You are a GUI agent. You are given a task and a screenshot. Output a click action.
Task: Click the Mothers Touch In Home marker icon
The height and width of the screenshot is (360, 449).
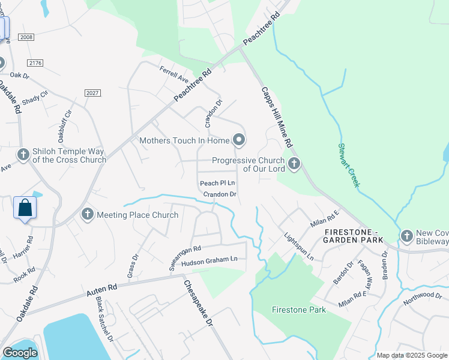(x=239, y=140)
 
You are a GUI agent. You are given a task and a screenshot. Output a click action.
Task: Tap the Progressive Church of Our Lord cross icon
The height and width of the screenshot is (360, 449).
(x=294, y=164)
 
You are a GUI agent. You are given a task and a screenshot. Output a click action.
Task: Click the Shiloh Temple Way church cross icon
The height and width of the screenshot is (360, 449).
(x=23, y=155)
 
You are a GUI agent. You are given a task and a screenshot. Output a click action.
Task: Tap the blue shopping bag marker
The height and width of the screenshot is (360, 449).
(x=25, y=208)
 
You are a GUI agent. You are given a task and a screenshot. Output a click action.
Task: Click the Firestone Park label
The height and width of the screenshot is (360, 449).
(x=299, y=310)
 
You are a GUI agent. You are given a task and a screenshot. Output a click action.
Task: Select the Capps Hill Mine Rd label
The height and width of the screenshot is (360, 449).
(x=276, y=118)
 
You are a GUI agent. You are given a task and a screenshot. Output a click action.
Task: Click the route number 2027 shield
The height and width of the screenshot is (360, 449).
(x=92, y=93)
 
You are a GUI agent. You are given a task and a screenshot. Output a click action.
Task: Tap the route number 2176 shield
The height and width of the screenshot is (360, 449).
(x=34, y=63)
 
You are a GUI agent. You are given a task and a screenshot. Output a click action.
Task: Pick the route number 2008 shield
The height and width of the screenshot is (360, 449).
(x=26, y=37)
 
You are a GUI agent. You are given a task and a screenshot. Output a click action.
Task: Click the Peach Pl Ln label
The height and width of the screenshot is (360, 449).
(x=217, y=183)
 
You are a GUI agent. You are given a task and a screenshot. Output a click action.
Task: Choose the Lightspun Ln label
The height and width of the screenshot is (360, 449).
(x=299, y=245)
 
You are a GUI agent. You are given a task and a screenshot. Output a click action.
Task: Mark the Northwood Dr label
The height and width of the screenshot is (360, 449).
(x=422, y=298)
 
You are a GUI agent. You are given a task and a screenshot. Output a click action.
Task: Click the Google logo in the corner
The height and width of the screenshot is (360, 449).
(x=20, y=353)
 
